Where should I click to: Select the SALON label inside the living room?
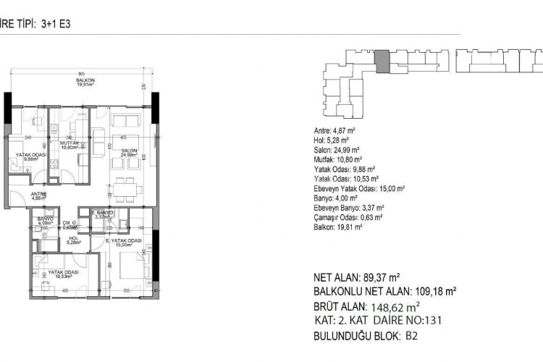[x=129, y=151]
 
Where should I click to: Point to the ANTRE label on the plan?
[x=39, y=195]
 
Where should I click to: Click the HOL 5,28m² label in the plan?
[x=73, y=240]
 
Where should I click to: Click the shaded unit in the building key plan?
[x=382, y=60]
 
